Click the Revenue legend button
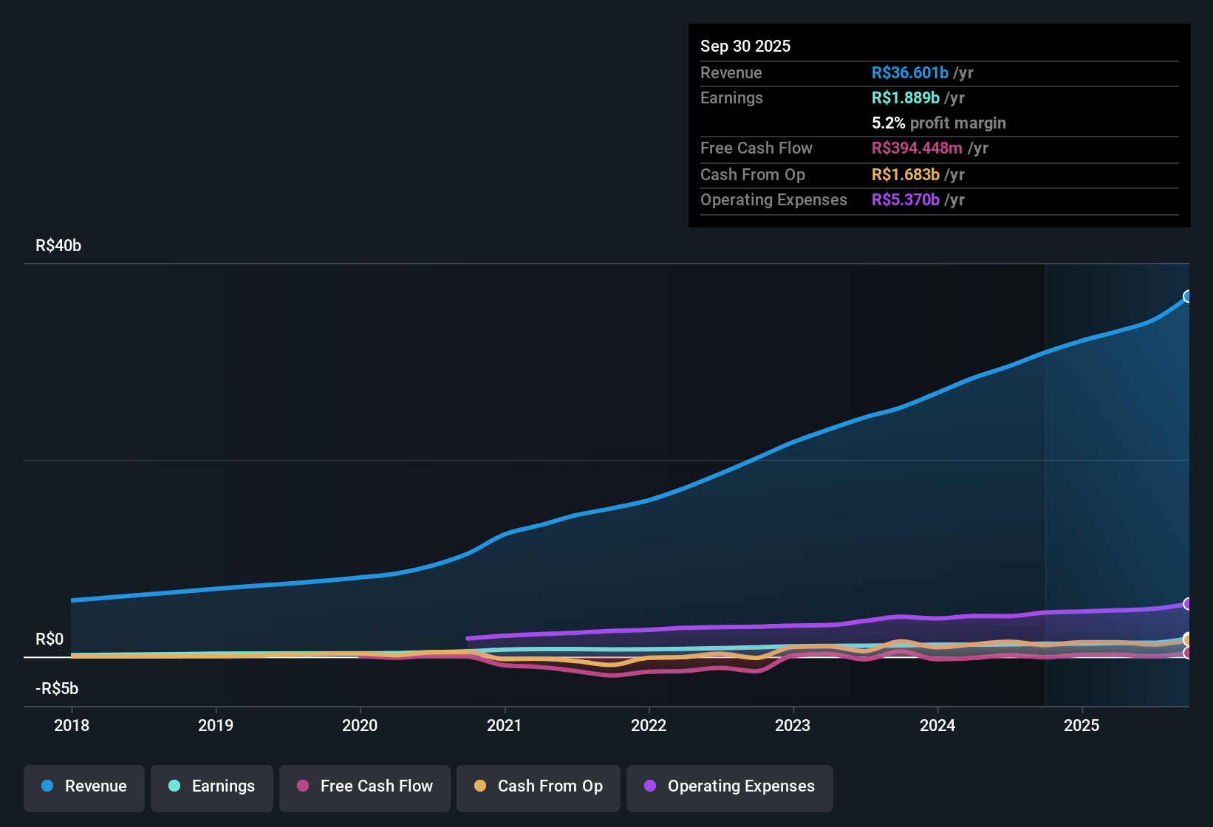(84, 786)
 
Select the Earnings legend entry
(212, 786)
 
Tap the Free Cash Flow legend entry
(365, 786)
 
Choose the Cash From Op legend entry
(539, 786)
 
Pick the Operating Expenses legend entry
(730, 786)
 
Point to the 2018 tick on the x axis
(72, 725)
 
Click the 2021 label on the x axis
(505, 725)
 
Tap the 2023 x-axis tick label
(793, 725)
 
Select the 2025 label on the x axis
(1082, 725)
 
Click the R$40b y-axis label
(58, 246)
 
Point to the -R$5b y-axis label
(57, 689)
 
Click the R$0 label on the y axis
(49, 639)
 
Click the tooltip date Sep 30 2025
(745, 47)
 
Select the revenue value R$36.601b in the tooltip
(909, 73)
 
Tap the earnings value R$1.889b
(906, 98)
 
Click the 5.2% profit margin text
(938, 123)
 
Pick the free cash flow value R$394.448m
(917, 148)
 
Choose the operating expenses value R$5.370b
(906, 200)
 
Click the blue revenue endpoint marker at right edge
(1187, 297)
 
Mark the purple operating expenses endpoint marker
(1187, 604)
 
